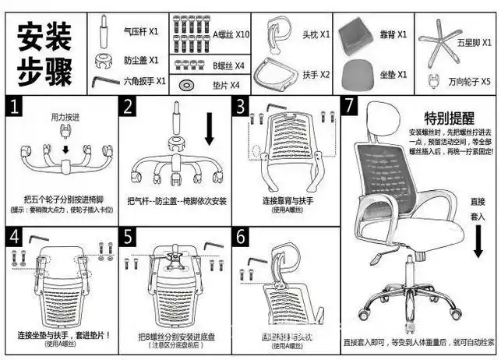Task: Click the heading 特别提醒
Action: pyautogui.click(x=449, y=118)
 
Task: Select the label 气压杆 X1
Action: pyautogui.click(x=141, y=33)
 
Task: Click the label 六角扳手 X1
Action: pyautogui.click(x=144, y=80)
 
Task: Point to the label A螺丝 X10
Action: pyautogui.click(x=231, y=34)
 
